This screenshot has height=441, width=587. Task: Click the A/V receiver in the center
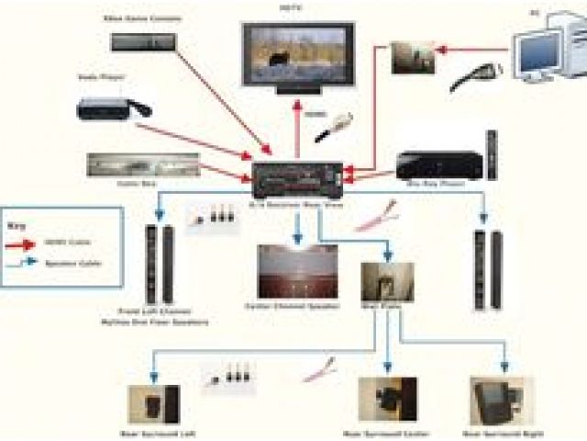(x=299, y=174)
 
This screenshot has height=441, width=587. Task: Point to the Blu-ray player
(x=437, y=165)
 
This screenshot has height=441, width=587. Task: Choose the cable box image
(x=143, y=164)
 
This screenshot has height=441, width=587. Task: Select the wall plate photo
(x=387, y=285)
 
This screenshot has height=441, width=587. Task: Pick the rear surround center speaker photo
(x=387, y=399)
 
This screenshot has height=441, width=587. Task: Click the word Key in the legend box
(x=17, y=223)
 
